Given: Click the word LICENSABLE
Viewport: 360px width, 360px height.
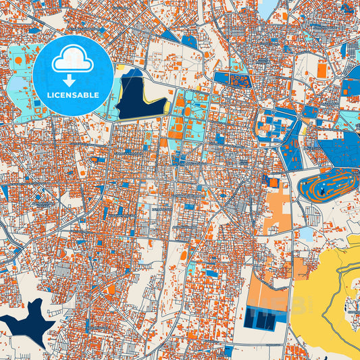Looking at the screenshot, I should (x=72, y=95).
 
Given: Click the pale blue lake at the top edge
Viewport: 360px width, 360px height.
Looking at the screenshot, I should (x=268, y=7).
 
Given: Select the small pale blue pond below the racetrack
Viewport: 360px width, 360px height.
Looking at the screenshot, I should (x=306, y=234).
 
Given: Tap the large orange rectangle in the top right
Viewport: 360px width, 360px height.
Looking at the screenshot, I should (x=322, y=70).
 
